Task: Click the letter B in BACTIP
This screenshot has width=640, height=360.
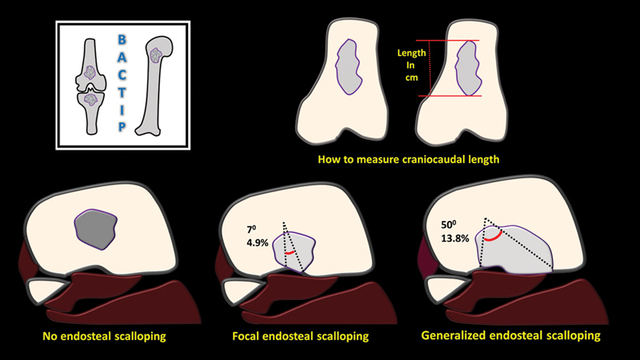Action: [122, 38]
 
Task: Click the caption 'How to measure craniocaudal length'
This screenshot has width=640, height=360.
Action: [409, 159]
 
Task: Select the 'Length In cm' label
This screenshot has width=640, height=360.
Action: [410, 65]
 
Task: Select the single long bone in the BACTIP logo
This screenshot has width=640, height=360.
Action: [157, 84]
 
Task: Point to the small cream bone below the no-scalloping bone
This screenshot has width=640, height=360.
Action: [46, 290]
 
